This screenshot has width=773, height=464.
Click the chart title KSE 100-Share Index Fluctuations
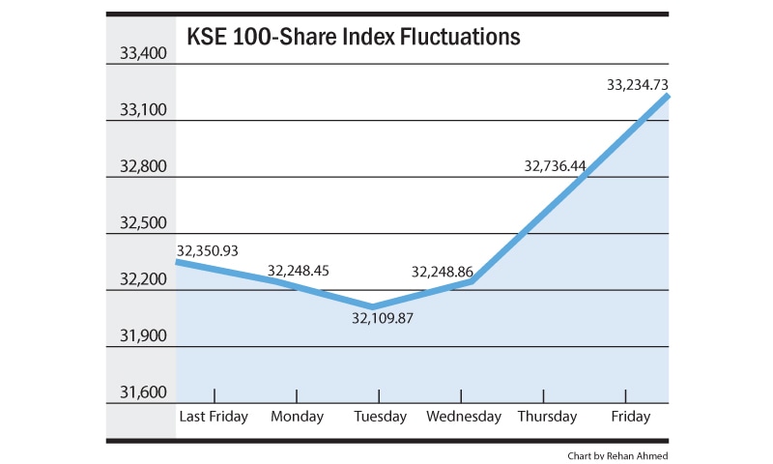coord(354,38)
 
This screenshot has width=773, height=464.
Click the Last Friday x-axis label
coord(214,417)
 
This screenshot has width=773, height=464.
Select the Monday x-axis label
coord(297,417)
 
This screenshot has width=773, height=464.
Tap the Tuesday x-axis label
coord(380,417)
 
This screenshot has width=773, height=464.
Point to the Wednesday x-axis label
coord(464,417)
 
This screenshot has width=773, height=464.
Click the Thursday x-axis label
coord(546,417)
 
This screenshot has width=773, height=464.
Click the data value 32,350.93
coord(207,250)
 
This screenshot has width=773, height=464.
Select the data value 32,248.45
coord(299,271)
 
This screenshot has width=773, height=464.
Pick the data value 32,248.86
coord(442,273)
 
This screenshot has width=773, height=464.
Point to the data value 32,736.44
coord(555,166)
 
